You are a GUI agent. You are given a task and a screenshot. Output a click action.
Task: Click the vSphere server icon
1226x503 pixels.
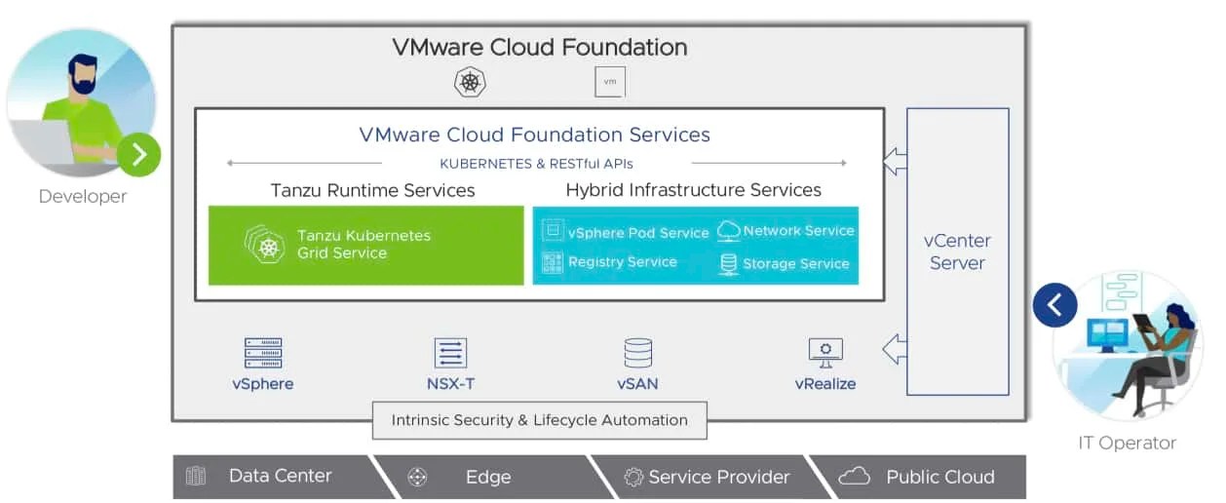point(263,353)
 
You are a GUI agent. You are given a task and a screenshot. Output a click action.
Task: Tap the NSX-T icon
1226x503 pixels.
point(450,353)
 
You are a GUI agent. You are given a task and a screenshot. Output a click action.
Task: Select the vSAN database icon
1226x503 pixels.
point(637,353)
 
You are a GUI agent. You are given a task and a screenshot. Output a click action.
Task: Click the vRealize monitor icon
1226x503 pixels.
point(825,351)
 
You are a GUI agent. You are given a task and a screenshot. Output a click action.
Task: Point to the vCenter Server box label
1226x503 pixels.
point(957,251)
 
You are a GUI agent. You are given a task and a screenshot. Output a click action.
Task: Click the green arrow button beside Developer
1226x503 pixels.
point(138,154)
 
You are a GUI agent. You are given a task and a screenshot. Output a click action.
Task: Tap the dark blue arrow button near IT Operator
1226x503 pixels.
point(1054,306)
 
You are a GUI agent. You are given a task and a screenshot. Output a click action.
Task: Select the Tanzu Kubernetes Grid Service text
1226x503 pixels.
point(364,244)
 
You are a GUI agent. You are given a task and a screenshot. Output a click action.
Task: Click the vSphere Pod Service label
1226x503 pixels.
point(638,233)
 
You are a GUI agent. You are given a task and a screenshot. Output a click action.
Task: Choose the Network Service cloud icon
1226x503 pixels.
point(728,231)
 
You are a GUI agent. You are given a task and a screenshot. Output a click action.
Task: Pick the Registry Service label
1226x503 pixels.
point(622,262)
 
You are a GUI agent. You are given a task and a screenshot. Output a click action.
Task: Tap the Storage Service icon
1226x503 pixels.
point(728,263)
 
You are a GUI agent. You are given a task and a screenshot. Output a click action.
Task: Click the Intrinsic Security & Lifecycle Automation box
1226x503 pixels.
point(539,421)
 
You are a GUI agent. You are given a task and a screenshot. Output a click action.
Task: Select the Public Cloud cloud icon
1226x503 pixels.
point(854,477)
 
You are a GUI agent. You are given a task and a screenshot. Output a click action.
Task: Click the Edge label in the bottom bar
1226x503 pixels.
point(488,477)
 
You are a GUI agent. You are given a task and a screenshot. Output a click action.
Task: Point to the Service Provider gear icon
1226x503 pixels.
point(633,477)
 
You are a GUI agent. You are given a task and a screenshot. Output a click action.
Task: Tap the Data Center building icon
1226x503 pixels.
point(196,477)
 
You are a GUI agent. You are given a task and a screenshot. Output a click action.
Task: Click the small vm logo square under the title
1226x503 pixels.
point(610,82)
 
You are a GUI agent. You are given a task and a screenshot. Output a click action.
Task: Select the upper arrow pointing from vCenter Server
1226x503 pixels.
point(895,161)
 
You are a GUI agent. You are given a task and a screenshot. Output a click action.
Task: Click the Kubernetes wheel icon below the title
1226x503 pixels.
point(470,82)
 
